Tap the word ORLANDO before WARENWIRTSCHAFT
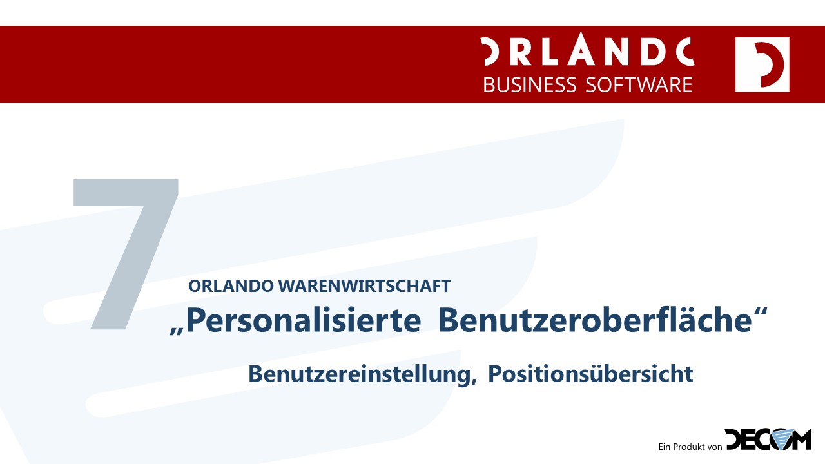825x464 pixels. (231, 286)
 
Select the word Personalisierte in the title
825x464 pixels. (304, 320)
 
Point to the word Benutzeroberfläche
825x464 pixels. (595, 319)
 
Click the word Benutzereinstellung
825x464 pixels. (360, 374)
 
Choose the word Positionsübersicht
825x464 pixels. (590, 374)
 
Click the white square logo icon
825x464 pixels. (762, 64)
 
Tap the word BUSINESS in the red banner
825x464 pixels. (530, 84)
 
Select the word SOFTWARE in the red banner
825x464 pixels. (639, 84)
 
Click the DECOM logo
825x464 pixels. (768, 440)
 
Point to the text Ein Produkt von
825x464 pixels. (690, 447)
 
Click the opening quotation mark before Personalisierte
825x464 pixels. (177, 331)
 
